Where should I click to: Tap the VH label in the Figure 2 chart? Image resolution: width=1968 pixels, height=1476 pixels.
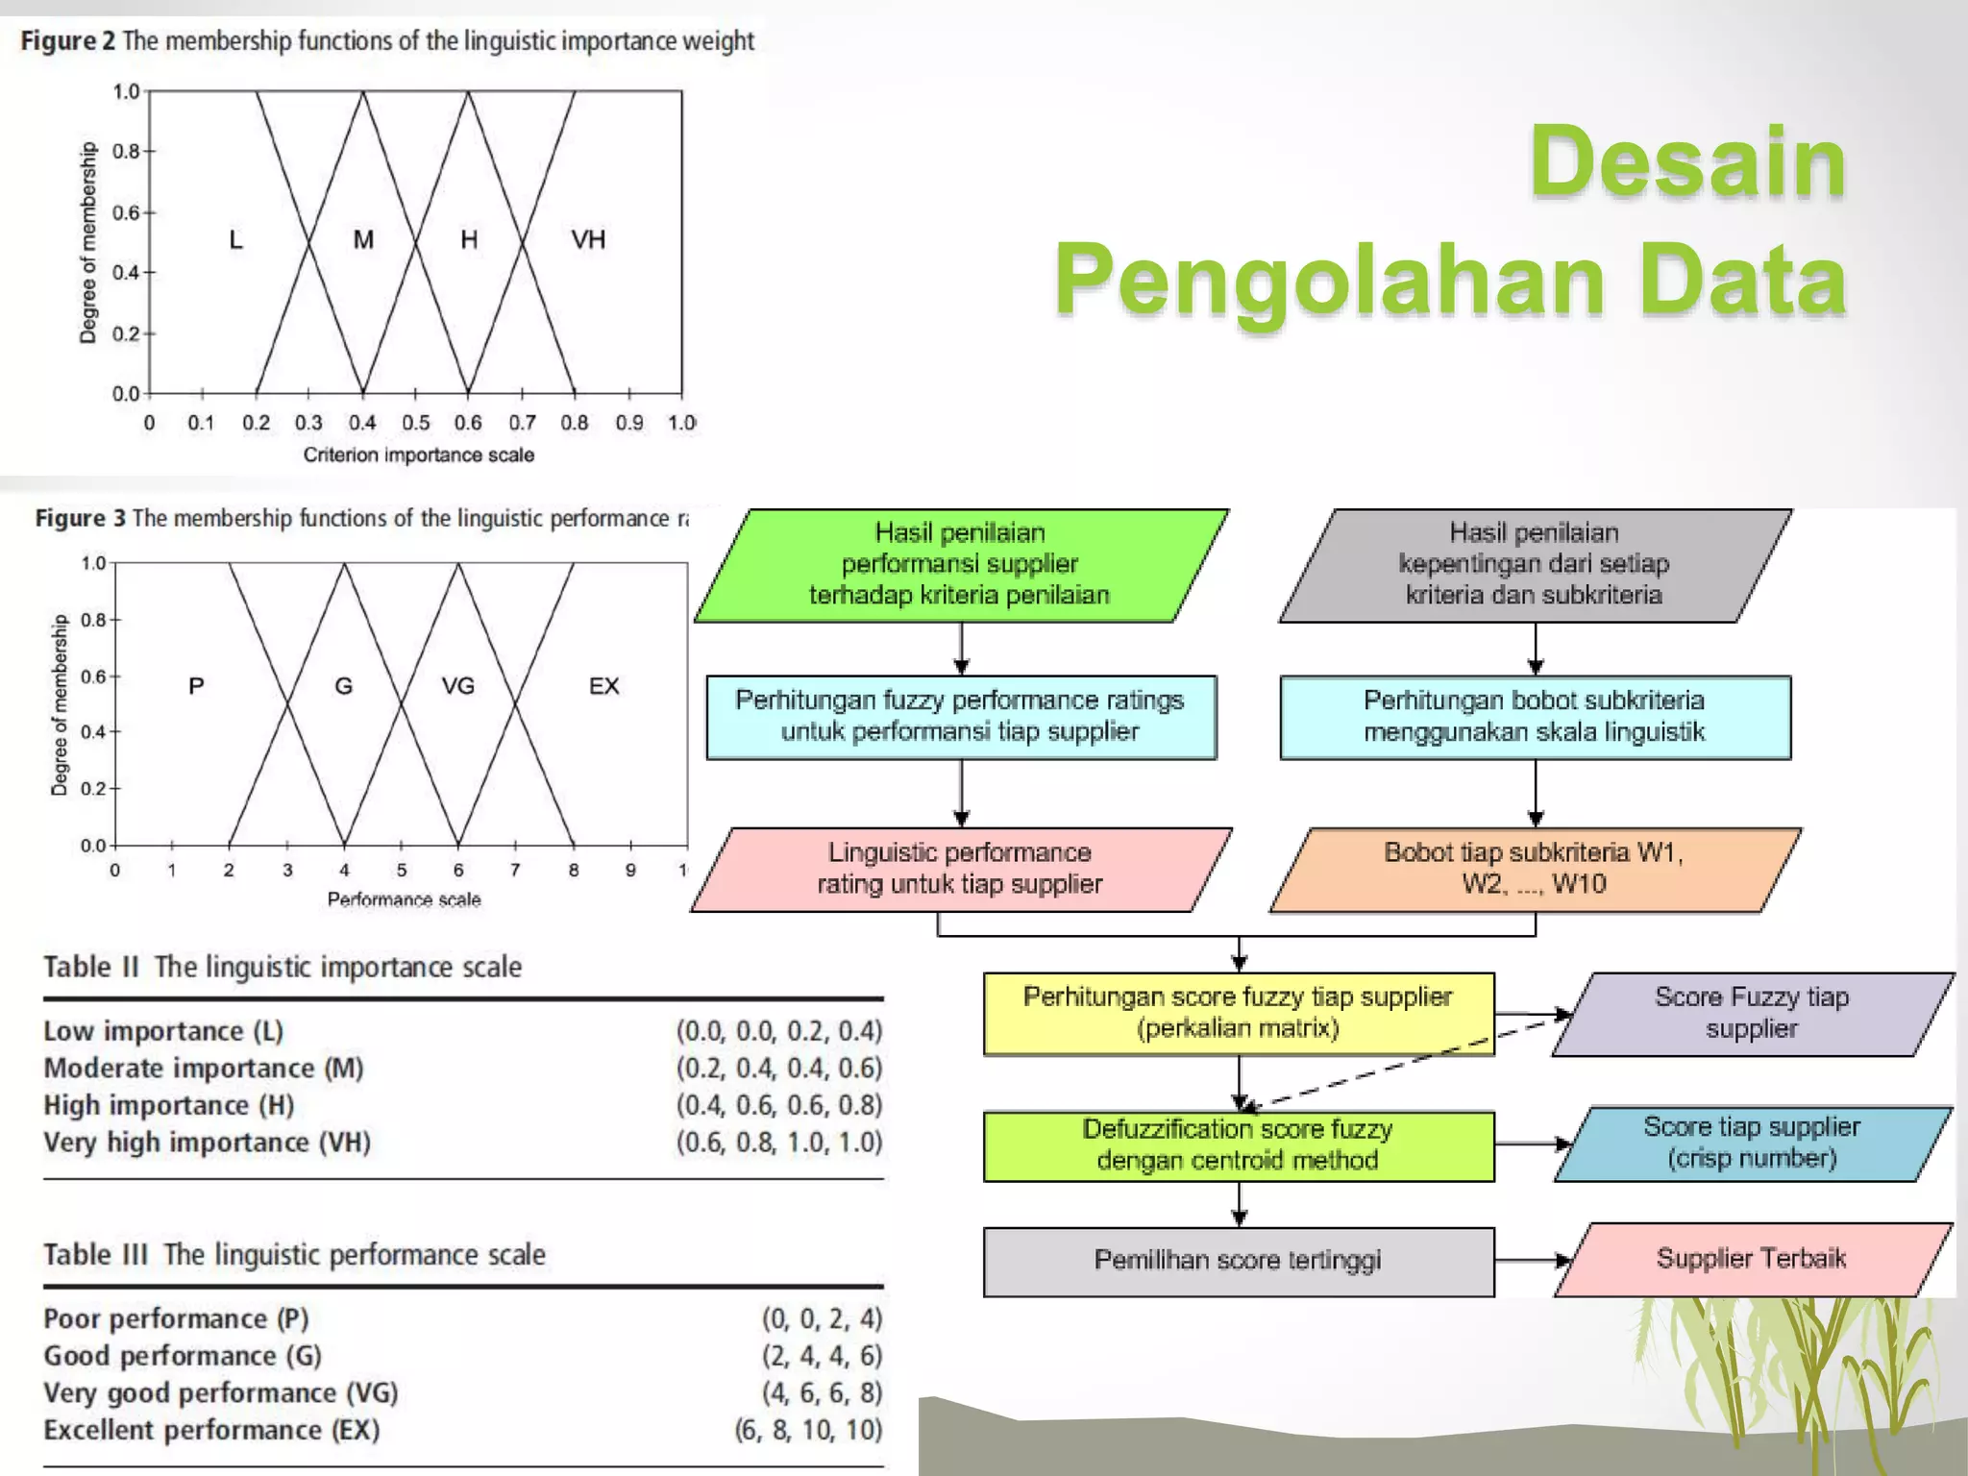pyautogui.click(x=588, y=239)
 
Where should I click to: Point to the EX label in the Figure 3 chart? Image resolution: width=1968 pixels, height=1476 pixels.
pyautogui.click(x=603, y=686)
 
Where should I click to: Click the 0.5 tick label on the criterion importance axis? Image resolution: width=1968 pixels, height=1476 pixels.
pyautogui.click(x=416, y=423)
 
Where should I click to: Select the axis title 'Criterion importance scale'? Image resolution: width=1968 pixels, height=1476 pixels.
pyautogui.click(x=418, y=455)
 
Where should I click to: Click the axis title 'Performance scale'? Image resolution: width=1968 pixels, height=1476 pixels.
pyautogui.click(x=404, y=899)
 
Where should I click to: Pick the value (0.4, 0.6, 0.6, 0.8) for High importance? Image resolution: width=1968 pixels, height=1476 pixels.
pyautogui.click(x=778, y=1105)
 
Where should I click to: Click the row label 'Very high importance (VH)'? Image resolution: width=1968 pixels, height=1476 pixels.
pyautogui.click(x=207, y=1143)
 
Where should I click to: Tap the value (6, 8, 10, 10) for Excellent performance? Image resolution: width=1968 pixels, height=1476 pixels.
pyautogui.click(x=808, y=1430)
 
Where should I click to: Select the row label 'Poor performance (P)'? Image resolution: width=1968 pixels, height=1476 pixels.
pyautogui.click(x=176, y=1318)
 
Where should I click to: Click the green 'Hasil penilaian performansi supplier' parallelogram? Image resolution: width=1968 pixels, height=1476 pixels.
pyautogui.click(x=960, y=564)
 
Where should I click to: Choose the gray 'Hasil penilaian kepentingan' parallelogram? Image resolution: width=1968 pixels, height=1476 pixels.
pyautogui.click(x=1534, y=564)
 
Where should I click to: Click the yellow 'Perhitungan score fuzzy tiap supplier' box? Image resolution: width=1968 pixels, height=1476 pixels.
pyautogui.click(x=1238, y=1013)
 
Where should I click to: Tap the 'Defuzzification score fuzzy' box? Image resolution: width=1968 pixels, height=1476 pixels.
pyautogui.click(x=1238, y=1144)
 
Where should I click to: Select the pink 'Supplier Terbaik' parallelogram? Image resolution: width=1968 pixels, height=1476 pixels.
pyautogui.click(x=1751, y=1259)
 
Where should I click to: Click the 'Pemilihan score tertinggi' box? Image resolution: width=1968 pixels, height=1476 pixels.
pyautogui.click(x=1238, y=1261)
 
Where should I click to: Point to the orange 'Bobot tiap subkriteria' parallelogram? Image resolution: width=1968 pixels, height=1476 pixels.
pyautogui.click(x=1534, y=869)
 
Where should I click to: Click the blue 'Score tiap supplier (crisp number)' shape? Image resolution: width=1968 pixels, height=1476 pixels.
pyautogui.click(x=1751, y=1143)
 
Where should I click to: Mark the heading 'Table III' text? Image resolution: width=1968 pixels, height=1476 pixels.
pyautogui.click(x=96, y=1255)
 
